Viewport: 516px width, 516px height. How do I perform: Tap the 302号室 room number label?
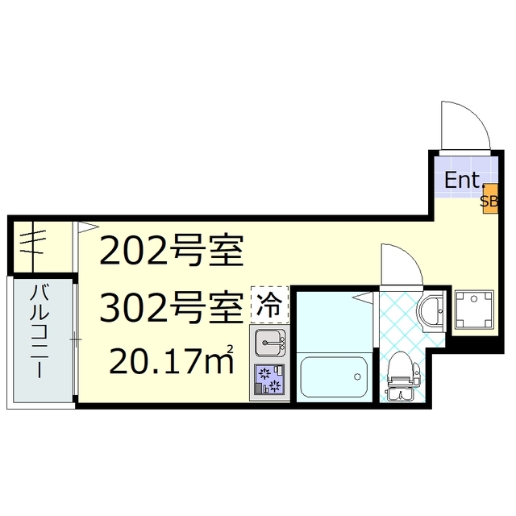[x=171, y=306]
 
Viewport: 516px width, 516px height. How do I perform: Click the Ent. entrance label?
[x=464, y=180]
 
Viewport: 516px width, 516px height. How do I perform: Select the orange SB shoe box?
[x=489, y=202]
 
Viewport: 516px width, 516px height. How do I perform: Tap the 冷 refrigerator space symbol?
[x=269, y=306]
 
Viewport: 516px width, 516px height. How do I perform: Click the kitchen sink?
[x=271, y=343]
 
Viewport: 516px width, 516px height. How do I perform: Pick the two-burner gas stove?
[x=271, y=379]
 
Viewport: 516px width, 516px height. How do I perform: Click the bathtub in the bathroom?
[x=334, y=375]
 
